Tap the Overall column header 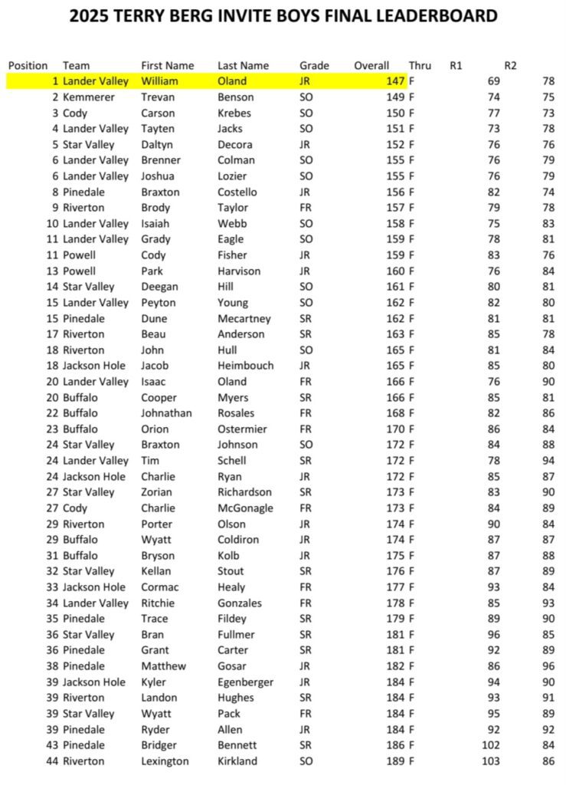point(371,66)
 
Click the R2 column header point(510,66)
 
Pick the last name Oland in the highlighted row point(232,81)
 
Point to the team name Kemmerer point(89,97)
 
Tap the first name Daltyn point(160,144)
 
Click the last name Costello point(237,192)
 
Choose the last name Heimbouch point(245,366)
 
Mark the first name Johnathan point(168,413)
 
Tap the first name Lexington point(165,761)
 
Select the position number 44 point(52,761)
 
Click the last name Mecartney point(244,318)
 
